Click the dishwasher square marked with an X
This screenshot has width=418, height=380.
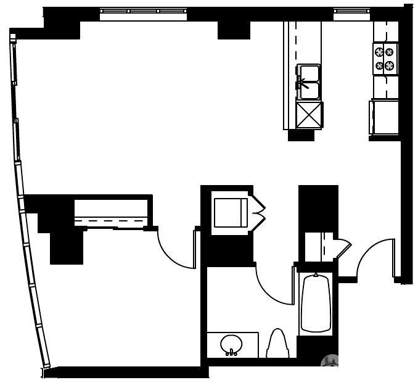coord(309,115)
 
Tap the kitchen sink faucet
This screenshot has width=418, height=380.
coord(301,83)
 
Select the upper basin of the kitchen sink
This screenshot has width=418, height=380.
coord(309,73)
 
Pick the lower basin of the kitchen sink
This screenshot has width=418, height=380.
coord(309,91)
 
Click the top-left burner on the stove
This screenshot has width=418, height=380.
coord(379,52)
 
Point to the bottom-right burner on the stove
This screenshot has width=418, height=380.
coord(390,65)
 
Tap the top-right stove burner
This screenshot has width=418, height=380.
coord(390,52)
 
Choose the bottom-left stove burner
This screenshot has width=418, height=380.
coord(379,65)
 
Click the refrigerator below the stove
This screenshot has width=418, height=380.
coord(385,117)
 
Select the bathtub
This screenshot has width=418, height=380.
coord(316,304)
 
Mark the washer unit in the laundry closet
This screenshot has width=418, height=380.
coord(229,212)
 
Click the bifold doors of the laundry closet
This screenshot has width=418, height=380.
coord(258,211)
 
